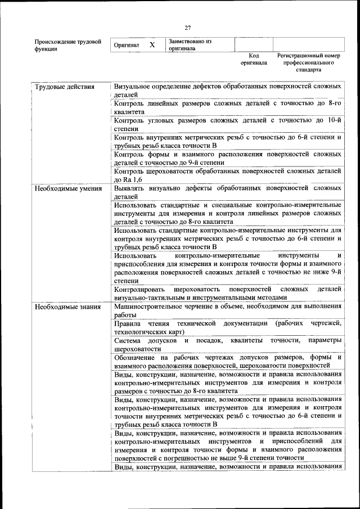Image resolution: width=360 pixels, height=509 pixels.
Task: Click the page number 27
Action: [188, 28]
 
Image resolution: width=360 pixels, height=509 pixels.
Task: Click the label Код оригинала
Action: [254, 60]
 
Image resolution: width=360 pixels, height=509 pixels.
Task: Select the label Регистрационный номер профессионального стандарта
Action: [309, 64]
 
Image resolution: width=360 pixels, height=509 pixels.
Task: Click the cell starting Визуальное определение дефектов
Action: [227, 91]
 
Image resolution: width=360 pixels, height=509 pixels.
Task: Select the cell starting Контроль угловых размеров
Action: [227, 124]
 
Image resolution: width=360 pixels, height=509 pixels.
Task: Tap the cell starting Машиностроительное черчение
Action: [227, 311]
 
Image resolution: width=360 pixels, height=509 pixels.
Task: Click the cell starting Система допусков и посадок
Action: [227, 345]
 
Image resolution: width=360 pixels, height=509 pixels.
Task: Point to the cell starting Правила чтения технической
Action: [227, 328]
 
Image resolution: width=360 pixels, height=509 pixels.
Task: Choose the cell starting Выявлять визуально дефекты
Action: [227, 192]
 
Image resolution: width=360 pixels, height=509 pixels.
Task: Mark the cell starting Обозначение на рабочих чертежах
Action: [227, 362]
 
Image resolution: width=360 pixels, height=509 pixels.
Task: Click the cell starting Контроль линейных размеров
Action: [227, 107]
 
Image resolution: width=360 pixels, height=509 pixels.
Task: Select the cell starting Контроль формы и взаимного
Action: [227, 158]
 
